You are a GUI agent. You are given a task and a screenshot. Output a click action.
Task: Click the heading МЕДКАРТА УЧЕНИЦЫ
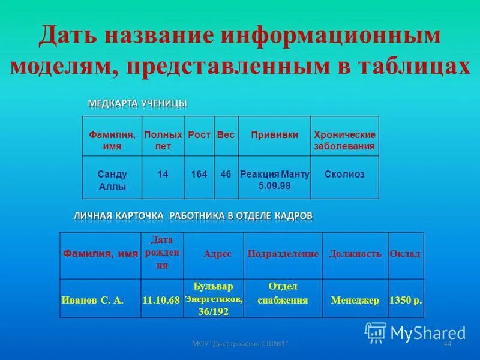[137, 104]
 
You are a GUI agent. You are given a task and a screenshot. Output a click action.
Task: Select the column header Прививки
[274, 135]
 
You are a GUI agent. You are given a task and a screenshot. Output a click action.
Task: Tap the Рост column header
[199, 135]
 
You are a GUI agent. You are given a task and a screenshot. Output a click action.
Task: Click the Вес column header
[226, 135]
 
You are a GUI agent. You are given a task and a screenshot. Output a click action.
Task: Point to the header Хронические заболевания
[344, 140]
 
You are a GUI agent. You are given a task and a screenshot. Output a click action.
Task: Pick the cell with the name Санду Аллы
[112, 180]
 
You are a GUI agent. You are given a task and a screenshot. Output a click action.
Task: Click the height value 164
[199, 174]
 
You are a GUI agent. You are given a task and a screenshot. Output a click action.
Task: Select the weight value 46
[226, 174]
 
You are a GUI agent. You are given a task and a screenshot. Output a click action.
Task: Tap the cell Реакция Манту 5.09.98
[274, 179]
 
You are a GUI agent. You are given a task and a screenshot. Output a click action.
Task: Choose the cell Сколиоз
[344, 174]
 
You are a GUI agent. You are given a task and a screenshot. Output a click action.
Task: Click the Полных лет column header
[163, 140]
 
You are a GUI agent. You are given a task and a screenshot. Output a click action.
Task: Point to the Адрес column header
[217, 254]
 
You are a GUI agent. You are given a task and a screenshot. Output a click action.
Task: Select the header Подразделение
[283, 254]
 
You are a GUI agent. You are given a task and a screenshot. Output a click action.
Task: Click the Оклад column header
[405, 254]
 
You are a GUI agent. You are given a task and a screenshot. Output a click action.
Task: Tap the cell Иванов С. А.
[92, 301]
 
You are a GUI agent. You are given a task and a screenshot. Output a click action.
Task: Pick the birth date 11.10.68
[161, 301]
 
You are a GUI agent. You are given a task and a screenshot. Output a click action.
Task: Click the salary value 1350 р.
[406, 301]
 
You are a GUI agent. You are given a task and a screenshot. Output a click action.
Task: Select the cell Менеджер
[355, 301]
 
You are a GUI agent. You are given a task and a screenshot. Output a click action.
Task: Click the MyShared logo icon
[376, 332]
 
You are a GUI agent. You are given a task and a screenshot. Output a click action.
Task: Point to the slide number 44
[446, 343]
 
